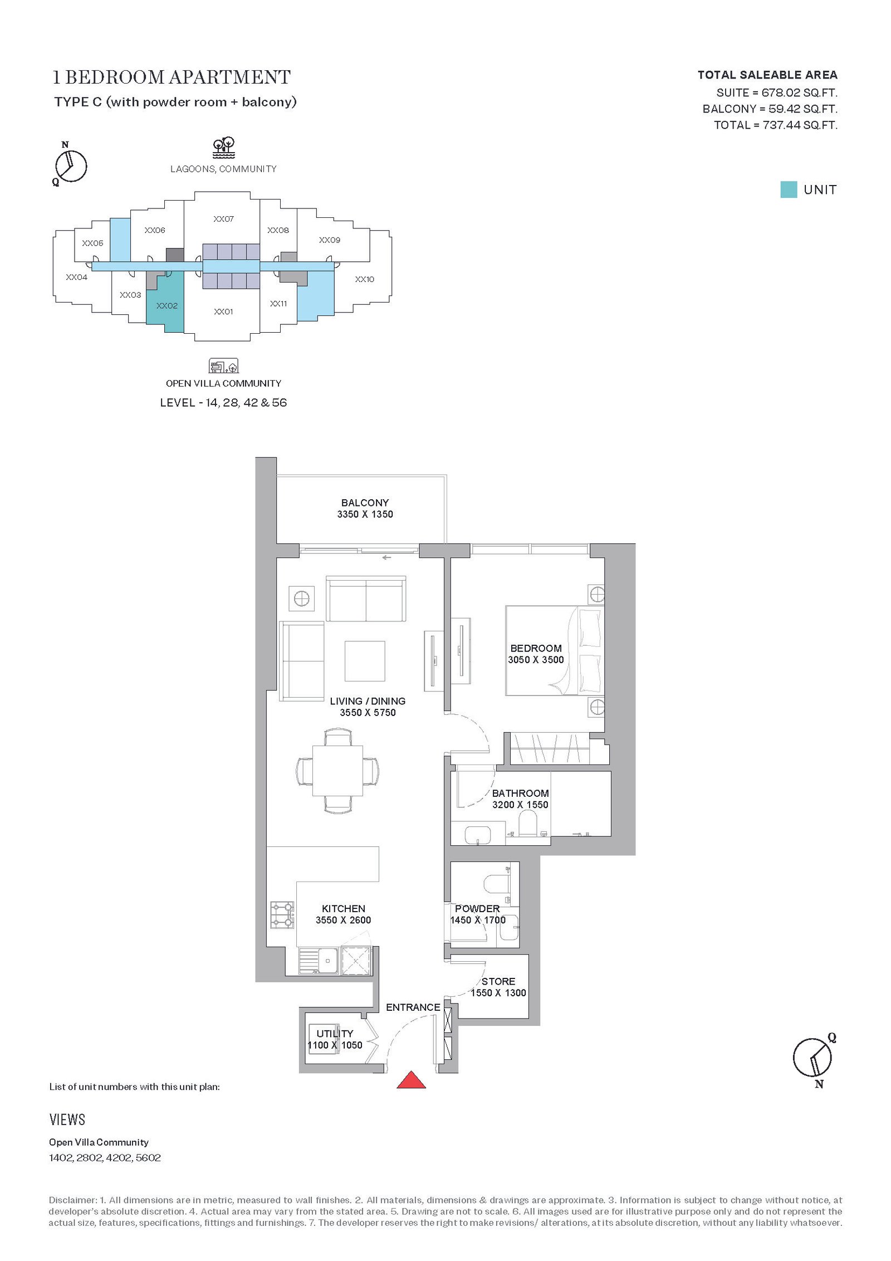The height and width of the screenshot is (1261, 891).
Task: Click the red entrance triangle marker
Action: click(411, 1079)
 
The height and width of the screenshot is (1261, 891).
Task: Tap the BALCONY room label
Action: click(365, 503)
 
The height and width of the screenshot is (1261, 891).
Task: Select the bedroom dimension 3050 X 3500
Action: click(536, 660)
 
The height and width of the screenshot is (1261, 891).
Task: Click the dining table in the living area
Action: click(338, 771)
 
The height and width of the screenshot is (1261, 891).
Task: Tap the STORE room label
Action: click(498, 981)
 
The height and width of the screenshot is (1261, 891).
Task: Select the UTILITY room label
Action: click(335, 1034)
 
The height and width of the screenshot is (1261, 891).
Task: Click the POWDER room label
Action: click(477, 909)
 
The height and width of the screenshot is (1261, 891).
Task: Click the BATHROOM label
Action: click(520, 793)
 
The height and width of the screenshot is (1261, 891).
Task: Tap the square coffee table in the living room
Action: click(365, 661)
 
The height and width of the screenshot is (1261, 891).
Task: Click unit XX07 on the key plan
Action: click(223, 219)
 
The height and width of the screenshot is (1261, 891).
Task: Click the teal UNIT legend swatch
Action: click(789, 189)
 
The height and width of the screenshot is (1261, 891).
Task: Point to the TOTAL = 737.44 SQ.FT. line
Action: click(776, 125)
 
